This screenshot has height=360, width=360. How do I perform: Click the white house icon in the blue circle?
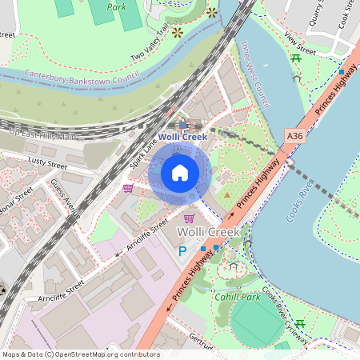180,173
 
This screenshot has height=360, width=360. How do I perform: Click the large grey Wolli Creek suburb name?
207,232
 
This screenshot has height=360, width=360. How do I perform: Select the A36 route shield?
294,137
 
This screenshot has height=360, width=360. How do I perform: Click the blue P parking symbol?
182,251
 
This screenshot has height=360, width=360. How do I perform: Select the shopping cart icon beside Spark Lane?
128,188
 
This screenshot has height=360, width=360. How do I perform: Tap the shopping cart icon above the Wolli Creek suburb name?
189,217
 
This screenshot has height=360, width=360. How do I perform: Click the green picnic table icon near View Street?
297,58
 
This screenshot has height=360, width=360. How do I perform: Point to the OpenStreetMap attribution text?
80,354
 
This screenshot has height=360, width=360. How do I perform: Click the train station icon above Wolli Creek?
183,125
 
